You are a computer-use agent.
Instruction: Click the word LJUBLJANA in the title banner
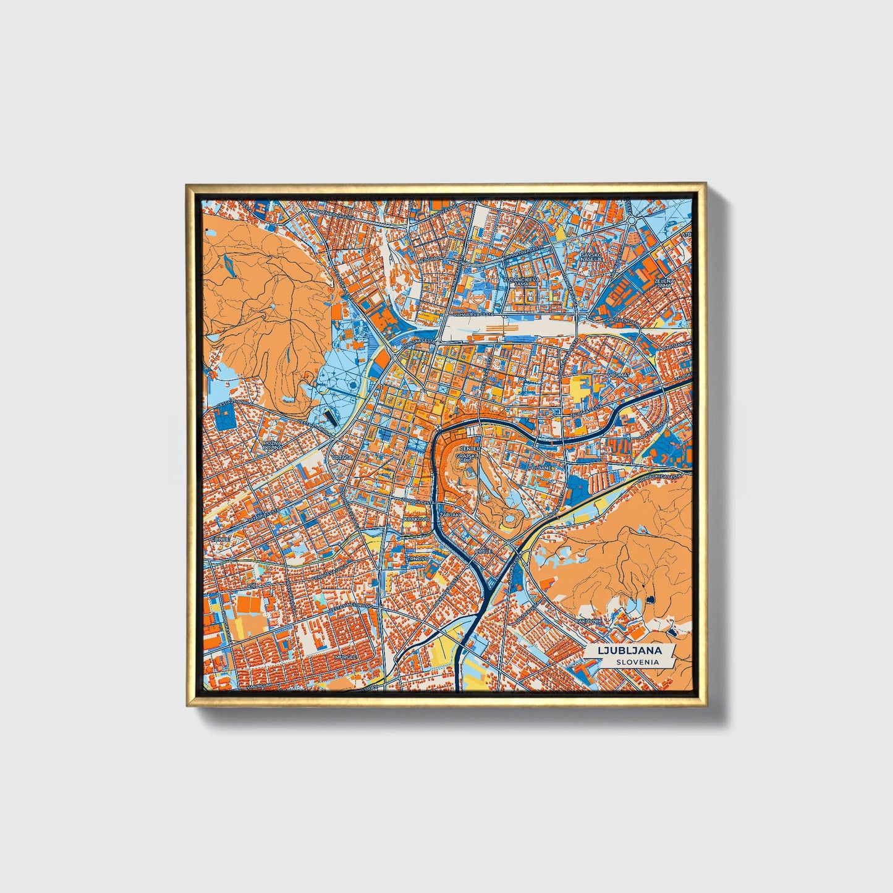pos(628,650)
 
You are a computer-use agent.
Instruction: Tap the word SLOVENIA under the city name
pos(637,662)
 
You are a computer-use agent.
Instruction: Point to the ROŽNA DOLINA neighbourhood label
pos(272,446)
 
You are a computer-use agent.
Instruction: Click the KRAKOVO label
pos(416,519)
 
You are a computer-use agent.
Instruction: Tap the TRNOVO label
pos(418,558)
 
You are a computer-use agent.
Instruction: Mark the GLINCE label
pos(221,538)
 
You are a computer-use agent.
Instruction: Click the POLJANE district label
pos(539,468)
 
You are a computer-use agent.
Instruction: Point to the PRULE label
pos(483,550)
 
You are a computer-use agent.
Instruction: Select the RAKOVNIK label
pos(588,620)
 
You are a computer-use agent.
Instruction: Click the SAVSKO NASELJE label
pos(590,258)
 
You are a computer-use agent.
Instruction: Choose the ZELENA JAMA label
pos(664,283)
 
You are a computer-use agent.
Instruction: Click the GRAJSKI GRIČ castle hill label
pos(464,458)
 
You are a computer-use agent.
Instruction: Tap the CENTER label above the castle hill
pos(470,448)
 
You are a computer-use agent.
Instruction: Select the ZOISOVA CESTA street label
pos(415,501)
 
